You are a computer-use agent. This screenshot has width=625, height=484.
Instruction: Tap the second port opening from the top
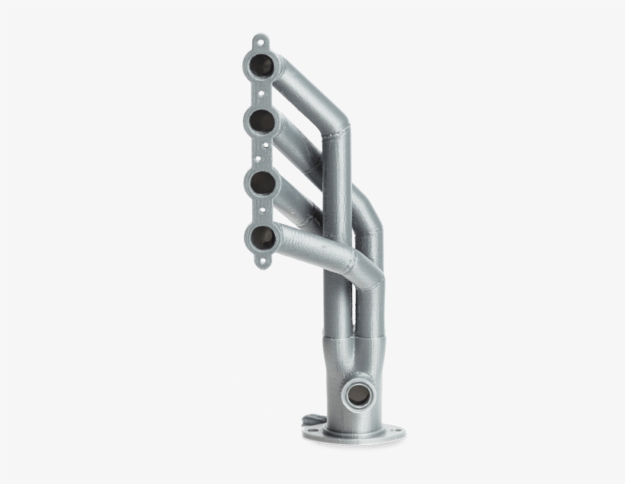click(x=260, y=120)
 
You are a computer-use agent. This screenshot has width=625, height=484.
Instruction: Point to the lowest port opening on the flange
click(x=261, y=237)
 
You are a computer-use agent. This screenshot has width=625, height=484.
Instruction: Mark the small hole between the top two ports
click(x=260, y=91)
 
